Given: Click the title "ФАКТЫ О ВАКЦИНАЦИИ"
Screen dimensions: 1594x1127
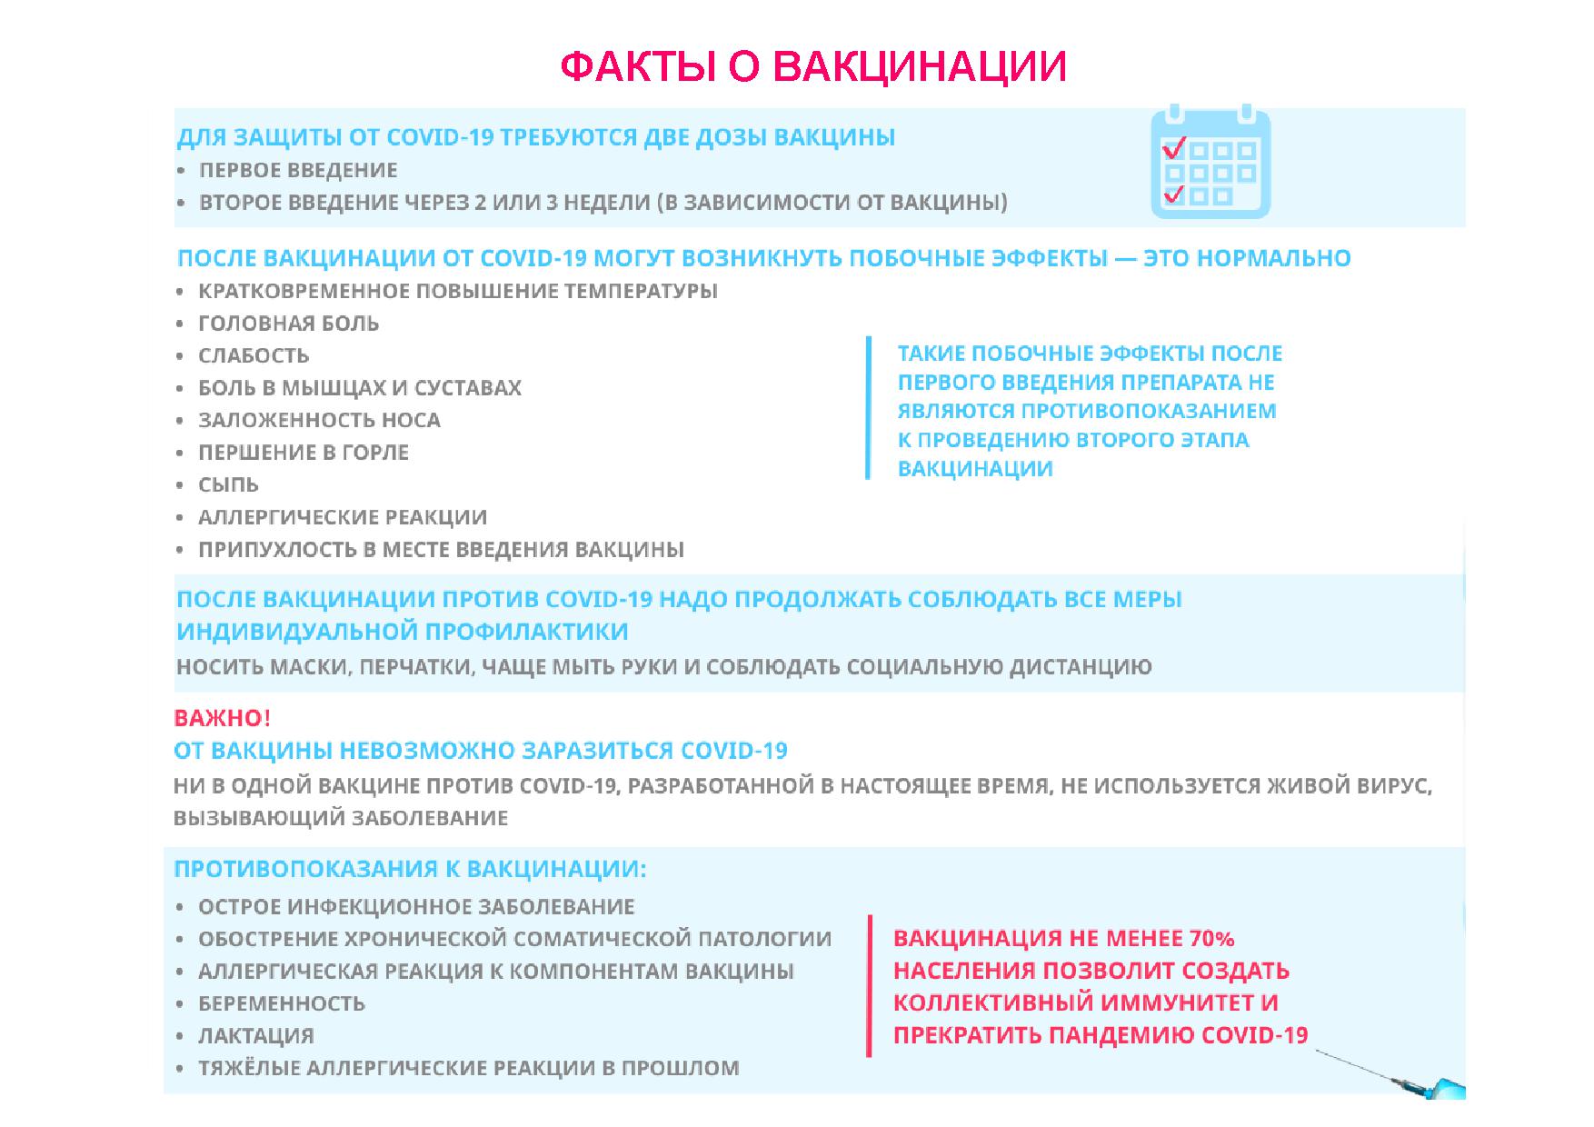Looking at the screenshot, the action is pos(813,67).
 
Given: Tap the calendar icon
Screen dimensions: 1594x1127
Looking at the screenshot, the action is pos(1210,162).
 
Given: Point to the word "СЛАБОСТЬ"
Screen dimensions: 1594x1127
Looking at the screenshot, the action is pos(254,355).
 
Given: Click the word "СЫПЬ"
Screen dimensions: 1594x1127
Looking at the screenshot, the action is pos(228,484).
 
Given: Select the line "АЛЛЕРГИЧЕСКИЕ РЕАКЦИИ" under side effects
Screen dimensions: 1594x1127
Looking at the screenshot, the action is pos(343,517).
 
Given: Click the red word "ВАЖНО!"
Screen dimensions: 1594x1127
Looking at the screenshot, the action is pos(222,718).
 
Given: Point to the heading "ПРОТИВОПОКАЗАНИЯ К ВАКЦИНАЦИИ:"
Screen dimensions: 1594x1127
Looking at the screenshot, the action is pos(410,869).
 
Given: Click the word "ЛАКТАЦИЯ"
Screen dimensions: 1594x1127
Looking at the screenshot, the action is pos(256,1036).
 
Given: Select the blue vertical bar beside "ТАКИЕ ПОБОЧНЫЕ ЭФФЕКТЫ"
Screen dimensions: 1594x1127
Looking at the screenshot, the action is pos(869,407).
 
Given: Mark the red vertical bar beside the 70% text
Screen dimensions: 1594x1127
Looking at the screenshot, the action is pos(869,986).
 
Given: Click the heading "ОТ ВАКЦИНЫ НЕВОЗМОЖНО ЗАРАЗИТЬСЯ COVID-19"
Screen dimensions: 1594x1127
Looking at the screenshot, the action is pos(481,751).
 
